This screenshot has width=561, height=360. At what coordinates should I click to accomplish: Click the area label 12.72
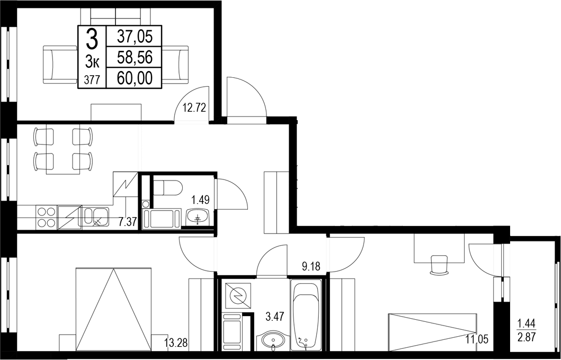[194, 109]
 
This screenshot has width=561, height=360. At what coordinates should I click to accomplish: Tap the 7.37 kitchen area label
[128, 222]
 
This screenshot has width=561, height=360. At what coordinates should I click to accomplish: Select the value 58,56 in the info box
[135, 57]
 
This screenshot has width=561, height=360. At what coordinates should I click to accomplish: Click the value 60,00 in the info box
[135, 79]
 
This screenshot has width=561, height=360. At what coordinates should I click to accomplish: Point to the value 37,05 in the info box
[135, 36]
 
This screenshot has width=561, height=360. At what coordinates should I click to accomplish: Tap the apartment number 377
[92, 80]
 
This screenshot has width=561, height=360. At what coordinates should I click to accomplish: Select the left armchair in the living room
[59, 64]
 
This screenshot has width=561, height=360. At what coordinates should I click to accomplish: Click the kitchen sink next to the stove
[95, 217]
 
